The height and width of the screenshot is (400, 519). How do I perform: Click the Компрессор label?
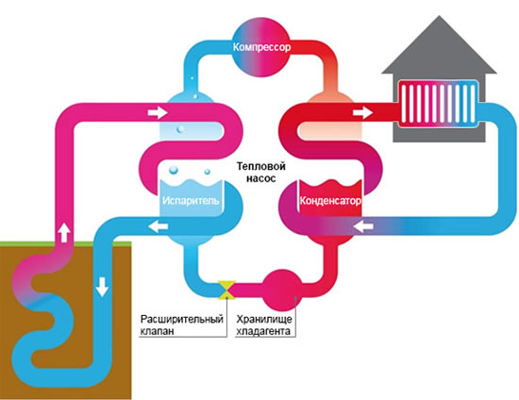tap(261, 47)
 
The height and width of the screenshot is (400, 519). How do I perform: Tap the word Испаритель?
tap(191, 201)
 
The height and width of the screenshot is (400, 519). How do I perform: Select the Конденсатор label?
tap(330, 201)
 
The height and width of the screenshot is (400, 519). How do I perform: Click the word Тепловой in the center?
tap(260, 166)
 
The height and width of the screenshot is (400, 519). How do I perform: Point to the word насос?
tap(260, 178)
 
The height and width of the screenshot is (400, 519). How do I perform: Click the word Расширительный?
tap(182, 319)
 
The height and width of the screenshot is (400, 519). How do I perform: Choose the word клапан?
tap(157, 331)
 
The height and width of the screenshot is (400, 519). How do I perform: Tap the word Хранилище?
tap(264, 319)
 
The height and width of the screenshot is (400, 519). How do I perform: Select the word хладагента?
tap(263, 331)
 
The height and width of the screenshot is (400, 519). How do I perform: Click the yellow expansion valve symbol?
tap(226, 290)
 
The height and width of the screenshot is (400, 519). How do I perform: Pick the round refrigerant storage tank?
tap(282, 289)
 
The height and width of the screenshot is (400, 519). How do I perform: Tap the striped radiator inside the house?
tap(438, 104)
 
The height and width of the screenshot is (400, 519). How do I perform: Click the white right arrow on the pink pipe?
tap(158, 113)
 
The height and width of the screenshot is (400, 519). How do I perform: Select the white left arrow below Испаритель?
tap(158, 227)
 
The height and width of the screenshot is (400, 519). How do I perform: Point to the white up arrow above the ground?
tap(64, 233)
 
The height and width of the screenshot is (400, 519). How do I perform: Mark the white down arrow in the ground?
tap(102, 287)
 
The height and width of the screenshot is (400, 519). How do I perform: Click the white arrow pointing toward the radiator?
tap(362, 113)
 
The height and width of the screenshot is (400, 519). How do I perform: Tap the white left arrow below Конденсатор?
tap(363, 227)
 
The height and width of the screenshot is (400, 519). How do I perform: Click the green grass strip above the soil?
tap(66, 244)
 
